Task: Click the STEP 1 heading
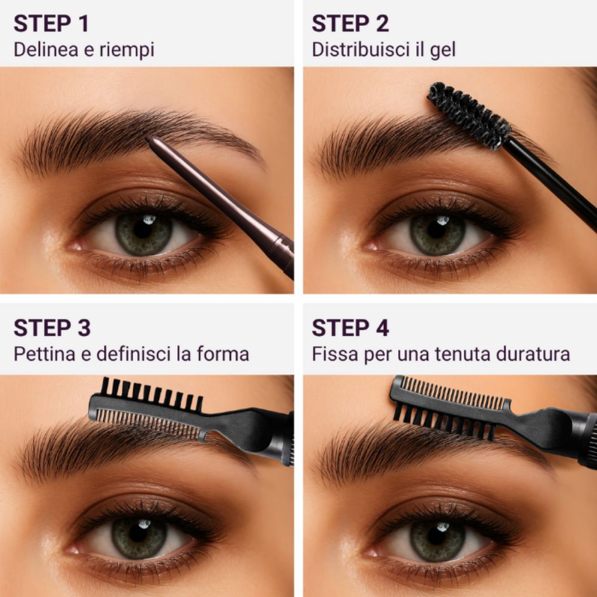coord(51,23)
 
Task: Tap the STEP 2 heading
coord(350,23)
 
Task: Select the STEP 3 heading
coord(53,328)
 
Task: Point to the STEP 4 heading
coord(350,328)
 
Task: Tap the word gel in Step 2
coord(442,50)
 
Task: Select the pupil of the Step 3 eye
coord(142,533)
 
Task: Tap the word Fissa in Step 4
coord(332,354)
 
